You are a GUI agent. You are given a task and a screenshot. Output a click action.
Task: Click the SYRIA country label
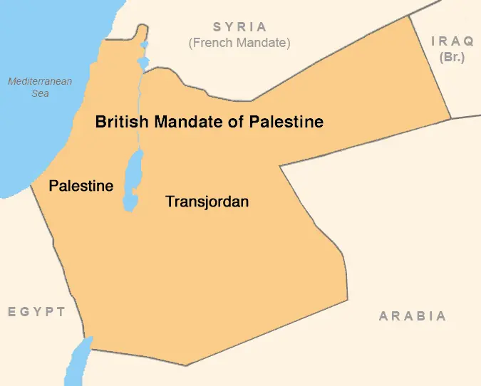point(239,27)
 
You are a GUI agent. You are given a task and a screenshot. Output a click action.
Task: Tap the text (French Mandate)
point(239,43)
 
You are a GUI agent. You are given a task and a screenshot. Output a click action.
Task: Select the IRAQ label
point(452,41)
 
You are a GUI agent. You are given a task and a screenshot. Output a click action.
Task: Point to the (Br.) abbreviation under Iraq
point(452,57)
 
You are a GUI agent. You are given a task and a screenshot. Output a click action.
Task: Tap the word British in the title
point(122,122)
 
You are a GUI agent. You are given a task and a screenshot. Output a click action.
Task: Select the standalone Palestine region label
point(81,186)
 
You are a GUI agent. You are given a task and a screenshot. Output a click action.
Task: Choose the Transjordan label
point(207,202)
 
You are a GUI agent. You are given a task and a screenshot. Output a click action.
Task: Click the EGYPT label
point(36,312)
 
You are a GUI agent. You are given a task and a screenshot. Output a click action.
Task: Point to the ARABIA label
point(413,316)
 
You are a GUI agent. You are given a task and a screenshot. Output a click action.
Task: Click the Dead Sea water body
point(132,182)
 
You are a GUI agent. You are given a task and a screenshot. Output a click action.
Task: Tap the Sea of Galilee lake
point(143,63)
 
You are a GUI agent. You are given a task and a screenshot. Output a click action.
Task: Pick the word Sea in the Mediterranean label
point(40,93)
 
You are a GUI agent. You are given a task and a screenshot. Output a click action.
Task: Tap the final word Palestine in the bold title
point(286,122)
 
